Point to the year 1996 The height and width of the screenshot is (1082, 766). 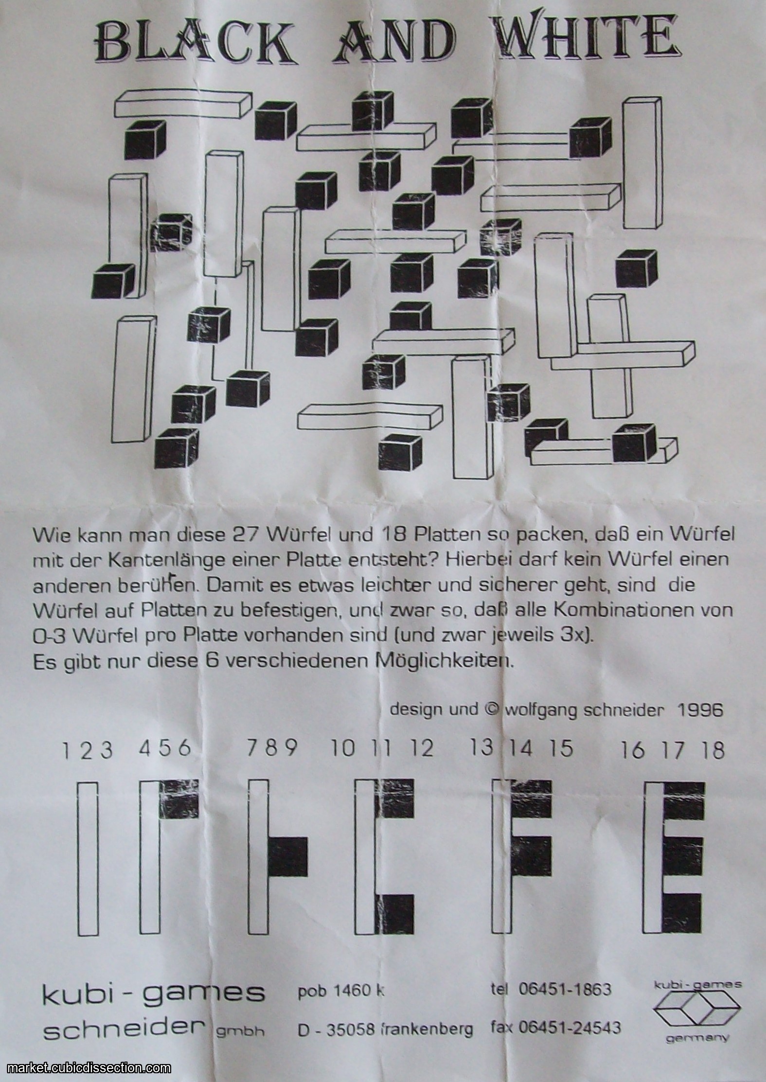[x=700, y=710]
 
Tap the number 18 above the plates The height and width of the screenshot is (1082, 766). [x=713, y=750]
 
